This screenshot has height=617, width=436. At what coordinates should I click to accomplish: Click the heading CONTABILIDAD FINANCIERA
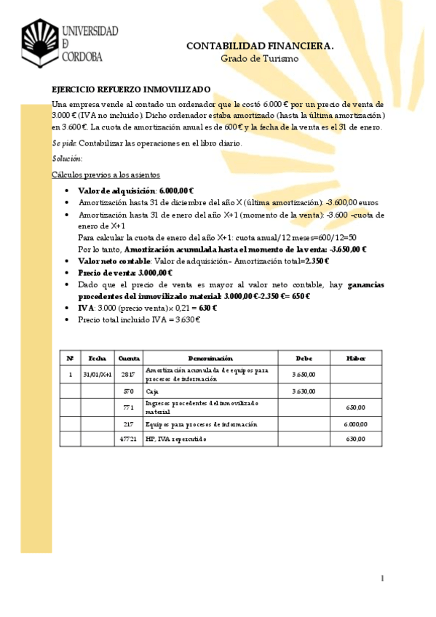(260, 46)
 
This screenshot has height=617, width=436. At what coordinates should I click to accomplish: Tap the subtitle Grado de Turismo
(260, 58)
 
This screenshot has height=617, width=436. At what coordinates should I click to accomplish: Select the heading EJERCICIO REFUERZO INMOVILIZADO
(130, 89)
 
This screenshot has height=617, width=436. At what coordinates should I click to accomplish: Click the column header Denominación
(210, 358)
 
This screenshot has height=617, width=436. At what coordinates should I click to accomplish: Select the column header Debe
(303, 358)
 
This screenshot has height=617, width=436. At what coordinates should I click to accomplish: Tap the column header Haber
(356, 358)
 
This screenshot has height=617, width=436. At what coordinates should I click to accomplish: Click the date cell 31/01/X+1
(97, 374)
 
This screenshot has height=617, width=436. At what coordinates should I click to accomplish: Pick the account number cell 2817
(129, 374)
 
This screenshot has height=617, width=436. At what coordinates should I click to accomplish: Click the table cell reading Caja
(152, 391)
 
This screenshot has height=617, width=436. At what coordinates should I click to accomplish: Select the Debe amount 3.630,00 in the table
(303, 391)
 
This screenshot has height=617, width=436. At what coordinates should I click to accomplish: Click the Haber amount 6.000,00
(356, 424)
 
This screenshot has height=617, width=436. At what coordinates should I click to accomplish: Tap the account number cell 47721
(129, 439)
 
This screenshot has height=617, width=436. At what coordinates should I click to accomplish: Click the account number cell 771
(129, 407)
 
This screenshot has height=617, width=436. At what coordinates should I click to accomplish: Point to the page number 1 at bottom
(381, 578)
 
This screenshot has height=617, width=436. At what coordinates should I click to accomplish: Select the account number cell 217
(129, 424)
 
